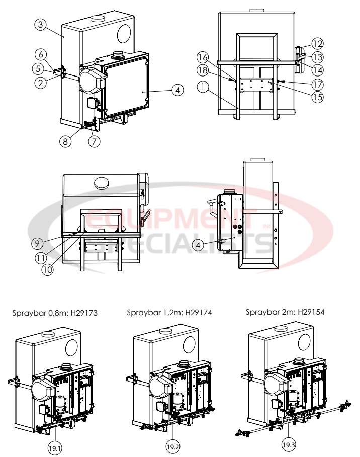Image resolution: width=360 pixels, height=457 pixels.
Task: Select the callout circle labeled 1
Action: [x=203, y=87]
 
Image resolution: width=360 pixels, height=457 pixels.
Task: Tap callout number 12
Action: [x=317, y=44]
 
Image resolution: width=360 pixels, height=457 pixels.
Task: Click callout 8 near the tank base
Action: [x=65, y=141]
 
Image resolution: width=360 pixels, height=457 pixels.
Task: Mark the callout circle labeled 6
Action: [x=42, y=54]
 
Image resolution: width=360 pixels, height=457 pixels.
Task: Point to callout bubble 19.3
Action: [x=288, y=445]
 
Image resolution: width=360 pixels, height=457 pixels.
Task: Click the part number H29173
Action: [x=82, y=313]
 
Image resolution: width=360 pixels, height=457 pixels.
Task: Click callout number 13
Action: [x=317, y=56]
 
